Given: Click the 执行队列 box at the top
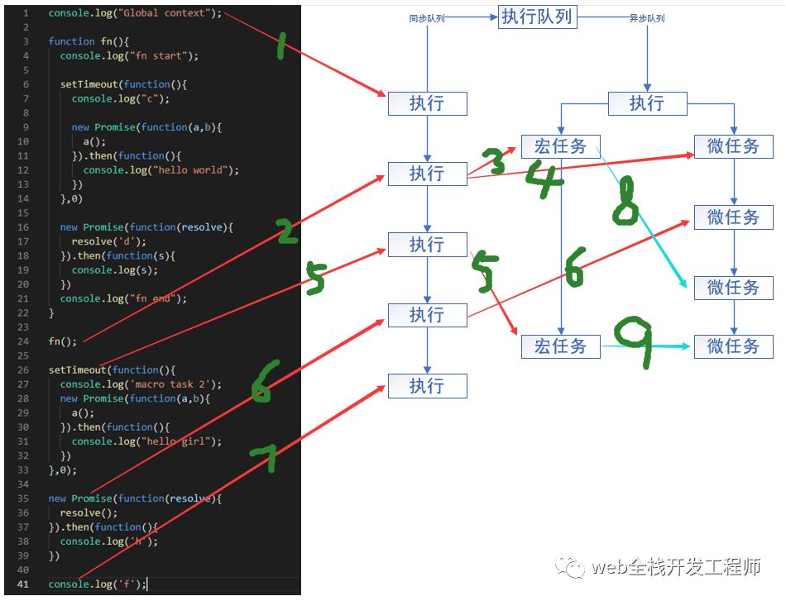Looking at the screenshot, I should click(x=536, y=17).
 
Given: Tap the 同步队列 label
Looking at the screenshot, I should click(x=427, y=17).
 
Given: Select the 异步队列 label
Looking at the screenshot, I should click(x=647, y=17).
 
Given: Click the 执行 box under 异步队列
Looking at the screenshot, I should click(x=647, y=103).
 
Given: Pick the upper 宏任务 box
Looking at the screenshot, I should click(x=560, y=146).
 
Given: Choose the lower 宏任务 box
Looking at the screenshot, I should click(x=560, y=346).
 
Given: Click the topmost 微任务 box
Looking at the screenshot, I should click(x=733, y=146).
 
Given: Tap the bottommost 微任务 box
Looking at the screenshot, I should click(x=733, y=346).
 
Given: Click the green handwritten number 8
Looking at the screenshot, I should click(x=626, y=200).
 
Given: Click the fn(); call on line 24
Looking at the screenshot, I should click(x=62, y=341).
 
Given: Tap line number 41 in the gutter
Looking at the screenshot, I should click(x=22, y=584).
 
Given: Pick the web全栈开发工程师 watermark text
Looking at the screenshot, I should click(x=674, y=567).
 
